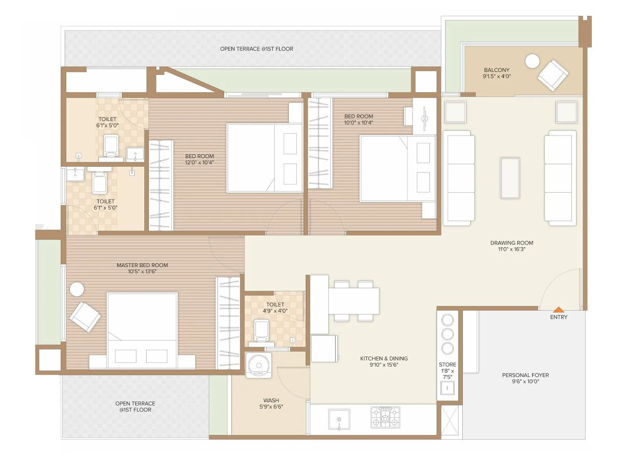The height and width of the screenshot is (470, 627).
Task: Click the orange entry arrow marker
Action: click(x=558, y=309)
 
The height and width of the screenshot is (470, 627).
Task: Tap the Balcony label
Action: click(x=497, y=70)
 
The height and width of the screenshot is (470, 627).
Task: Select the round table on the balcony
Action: click(x=532, y=61)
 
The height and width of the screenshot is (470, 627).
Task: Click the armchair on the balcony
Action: click(x=553, y=75)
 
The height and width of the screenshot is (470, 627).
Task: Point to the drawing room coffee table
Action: click(x=510, y=178)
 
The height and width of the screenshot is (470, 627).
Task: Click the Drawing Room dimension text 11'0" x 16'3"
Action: click(x=511, y=249)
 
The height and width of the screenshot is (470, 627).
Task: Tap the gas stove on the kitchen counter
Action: click(x=385, y=417)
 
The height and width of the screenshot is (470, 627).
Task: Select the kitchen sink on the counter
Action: click(x=339, y=419)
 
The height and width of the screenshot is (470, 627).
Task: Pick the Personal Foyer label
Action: click(x=525, y=375)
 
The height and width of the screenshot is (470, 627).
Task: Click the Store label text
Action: click(x=447, y=365)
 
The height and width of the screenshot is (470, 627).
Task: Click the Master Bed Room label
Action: click(x=142, y=265)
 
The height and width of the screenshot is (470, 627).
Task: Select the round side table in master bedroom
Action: click(x=77, y=289)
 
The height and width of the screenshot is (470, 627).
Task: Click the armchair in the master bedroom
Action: click(x=85, y=316)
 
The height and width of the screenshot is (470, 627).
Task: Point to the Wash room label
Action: click(x=271, y=400)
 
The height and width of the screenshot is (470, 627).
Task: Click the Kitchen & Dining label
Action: click(x=384, y=358)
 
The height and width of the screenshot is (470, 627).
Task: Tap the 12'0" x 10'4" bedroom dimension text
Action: click(x=199, y=163)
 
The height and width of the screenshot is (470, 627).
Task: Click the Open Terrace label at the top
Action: click(x=256, y=49)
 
